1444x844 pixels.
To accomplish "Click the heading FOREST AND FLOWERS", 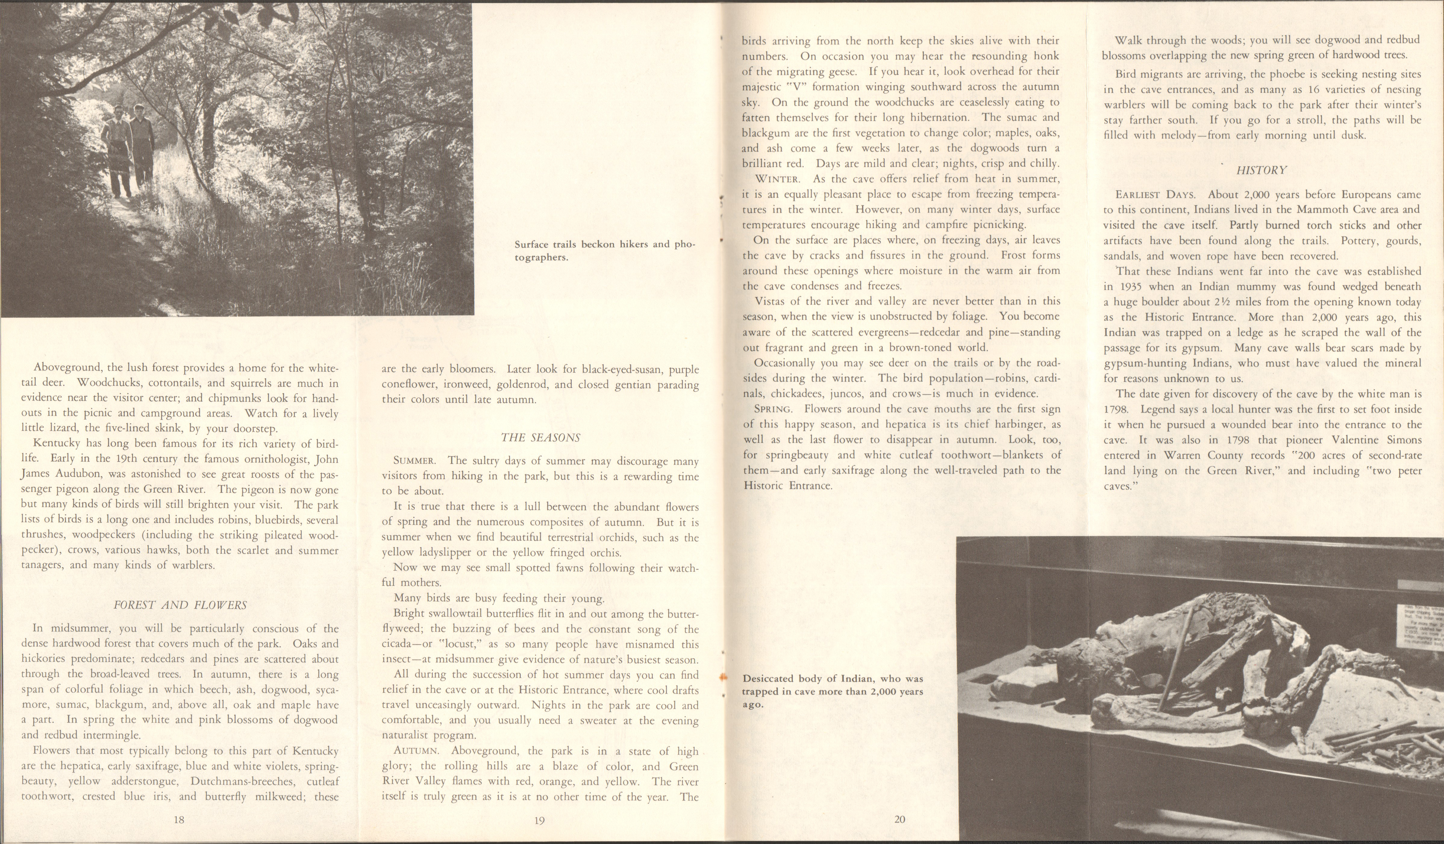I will [x=180, y=605].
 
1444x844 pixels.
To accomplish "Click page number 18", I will [x=179, y=820].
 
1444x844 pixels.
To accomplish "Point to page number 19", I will [x=539, y=821].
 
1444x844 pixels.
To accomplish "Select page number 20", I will [x=900, y=819].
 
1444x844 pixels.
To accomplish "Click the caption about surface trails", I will [x=605, y=250].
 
